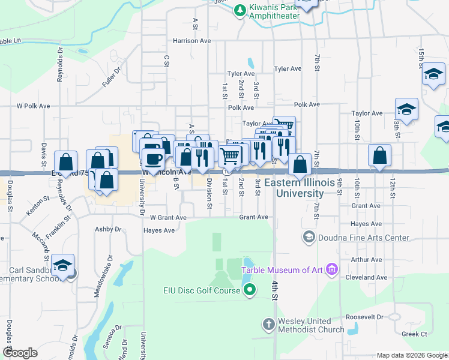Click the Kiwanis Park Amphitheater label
tap(276, 11)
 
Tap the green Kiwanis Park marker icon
tap(240, 10)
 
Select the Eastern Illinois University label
tap(300, 188)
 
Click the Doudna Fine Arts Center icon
tap(309, 237)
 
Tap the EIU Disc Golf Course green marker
tap(252, 291)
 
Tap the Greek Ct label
tap(415, 334)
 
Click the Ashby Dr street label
tap(108, 229)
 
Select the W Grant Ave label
tap(168, 217)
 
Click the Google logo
tap(20, 353)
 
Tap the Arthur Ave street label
tap(367, 260)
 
